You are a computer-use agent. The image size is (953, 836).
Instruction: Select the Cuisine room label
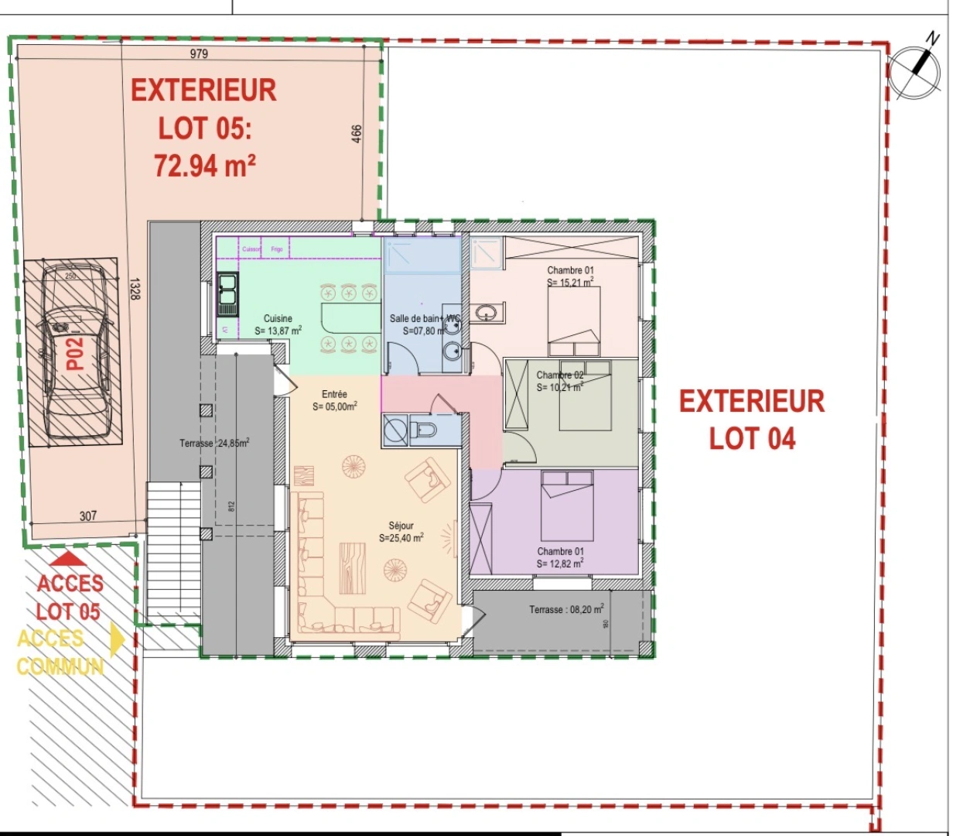point(278,318)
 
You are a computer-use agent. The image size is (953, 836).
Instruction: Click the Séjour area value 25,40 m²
point(401,538)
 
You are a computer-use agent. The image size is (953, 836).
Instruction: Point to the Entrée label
point(334,394)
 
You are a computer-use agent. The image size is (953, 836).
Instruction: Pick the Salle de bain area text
point(422,331)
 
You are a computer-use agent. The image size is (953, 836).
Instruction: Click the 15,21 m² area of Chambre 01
point(570,283)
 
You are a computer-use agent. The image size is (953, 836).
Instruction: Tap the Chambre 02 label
point(560,375)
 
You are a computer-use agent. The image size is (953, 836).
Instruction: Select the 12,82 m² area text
point(560,564)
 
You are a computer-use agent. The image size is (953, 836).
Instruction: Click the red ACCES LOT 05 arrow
point(70,557)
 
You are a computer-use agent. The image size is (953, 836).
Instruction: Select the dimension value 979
point(200,53)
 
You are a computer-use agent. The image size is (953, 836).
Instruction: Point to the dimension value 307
point(88,516)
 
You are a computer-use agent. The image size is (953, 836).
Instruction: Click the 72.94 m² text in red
point(205,166)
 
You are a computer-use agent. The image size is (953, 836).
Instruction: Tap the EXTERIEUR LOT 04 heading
point(752,420)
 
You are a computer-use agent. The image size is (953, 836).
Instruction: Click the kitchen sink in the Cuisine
point(227,294)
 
